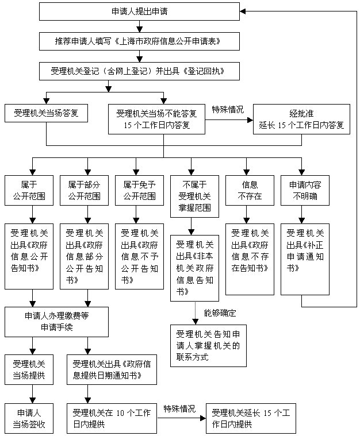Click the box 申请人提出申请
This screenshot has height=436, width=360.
(139, 11)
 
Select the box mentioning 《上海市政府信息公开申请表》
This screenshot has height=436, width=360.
(139, 41)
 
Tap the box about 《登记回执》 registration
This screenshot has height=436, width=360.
(139, 71)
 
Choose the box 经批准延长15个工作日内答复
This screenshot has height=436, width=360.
(301, 119)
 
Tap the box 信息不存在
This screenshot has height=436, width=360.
(250, 190)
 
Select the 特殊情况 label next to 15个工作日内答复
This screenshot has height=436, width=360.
(228, 109)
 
